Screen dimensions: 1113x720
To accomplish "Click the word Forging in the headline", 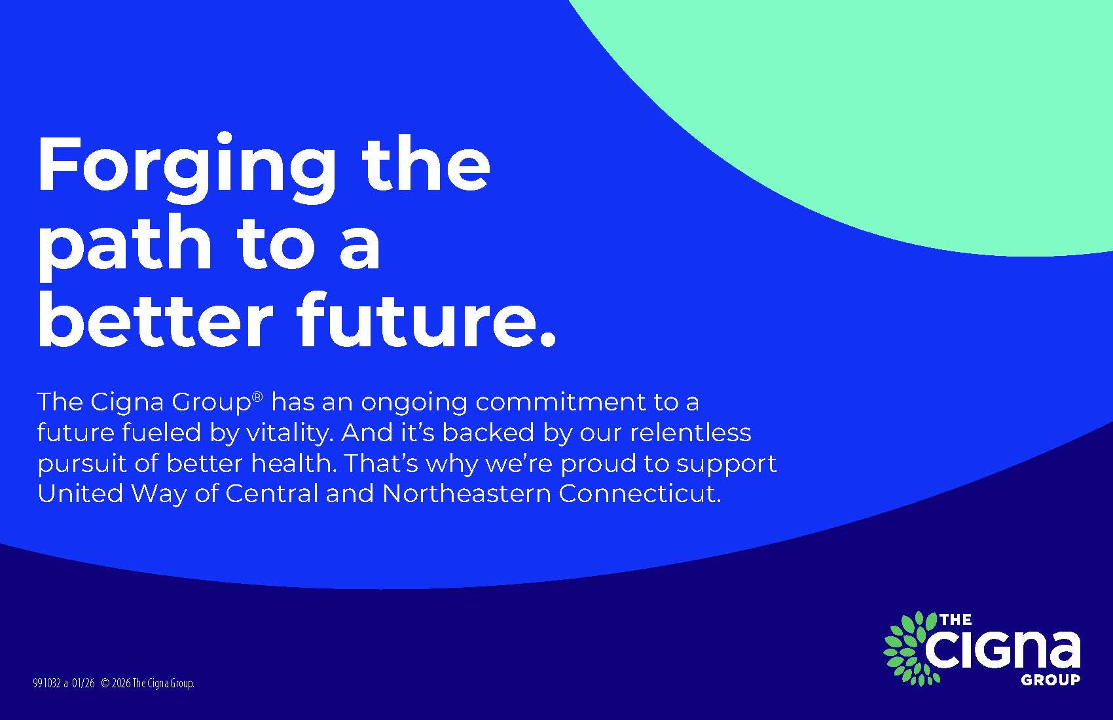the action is point(186,168).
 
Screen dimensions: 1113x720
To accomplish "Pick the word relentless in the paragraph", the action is point(691,432).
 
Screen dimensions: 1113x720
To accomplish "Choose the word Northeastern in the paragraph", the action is point(467,494).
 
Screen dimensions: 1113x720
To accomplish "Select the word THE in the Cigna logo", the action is point(956,620).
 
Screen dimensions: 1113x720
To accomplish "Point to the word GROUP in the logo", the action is point(1050,680).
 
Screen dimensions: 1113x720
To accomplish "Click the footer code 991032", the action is point(46,684).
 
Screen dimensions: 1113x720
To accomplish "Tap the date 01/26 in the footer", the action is point(83,684).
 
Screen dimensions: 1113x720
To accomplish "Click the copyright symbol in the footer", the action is point(105,684).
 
